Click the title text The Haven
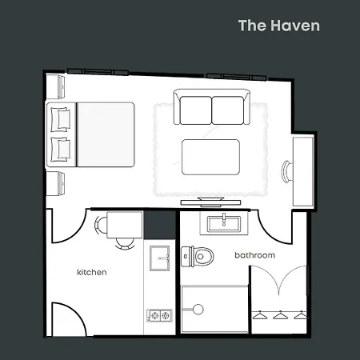278,26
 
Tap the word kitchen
91,272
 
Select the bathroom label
254,255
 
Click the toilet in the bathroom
202,256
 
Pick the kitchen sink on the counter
161,257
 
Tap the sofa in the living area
211,110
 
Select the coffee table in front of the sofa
210,156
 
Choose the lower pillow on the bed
61,148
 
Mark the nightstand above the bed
57,85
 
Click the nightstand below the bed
57,182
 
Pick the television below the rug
206,198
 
